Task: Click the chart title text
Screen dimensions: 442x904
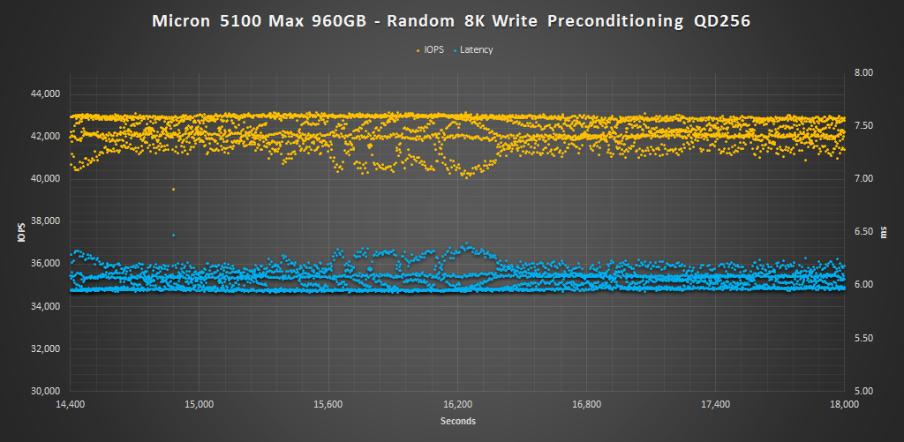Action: click(451, 21)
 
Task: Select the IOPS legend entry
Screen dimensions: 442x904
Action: click(433, 50)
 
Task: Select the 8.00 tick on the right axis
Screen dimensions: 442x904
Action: click(862, 72)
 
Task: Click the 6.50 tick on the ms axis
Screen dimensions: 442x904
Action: click(862, 231)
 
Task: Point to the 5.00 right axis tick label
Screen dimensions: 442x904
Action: click(862, 391)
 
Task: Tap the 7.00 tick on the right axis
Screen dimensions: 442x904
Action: click(862, 178)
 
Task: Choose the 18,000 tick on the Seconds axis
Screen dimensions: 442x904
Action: click(845, 405)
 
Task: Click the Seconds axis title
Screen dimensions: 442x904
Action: click(457, 422)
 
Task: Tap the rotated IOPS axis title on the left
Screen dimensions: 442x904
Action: click(19, 234)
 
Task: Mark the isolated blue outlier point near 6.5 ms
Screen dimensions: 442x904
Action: click(173, 235)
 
